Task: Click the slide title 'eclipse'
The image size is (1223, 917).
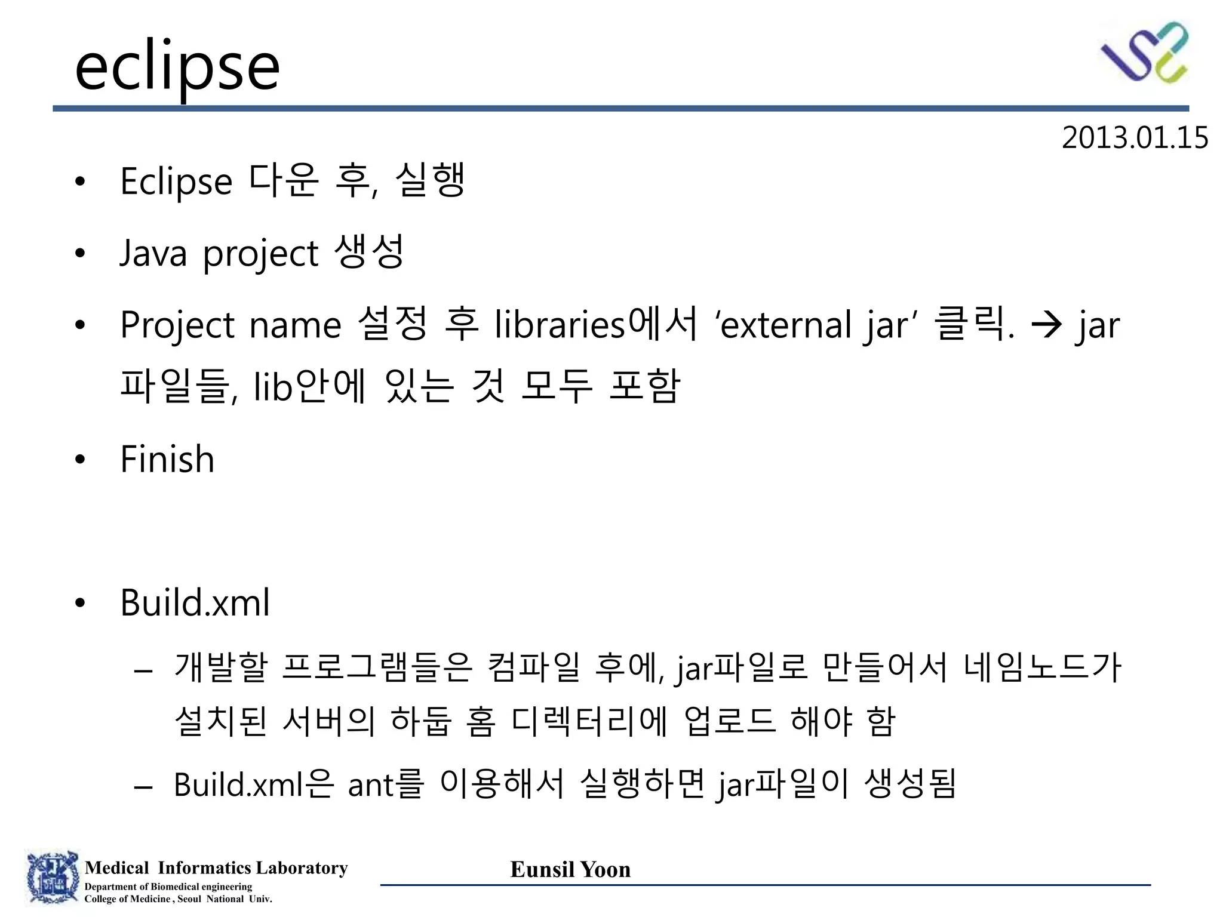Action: pyautogui.click(x=177, y=67)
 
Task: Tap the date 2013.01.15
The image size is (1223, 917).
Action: pyautogui.click(x=1134, y=138)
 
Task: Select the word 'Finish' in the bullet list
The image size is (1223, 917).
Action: pyautogui.click(x=167, y=459)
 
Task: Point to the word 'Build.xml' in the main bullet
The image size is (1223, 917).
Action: pyautogui.click(x=195, y=602)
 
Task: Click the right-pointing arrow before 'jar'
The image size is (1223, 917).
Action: pyautogui.click(x=1047, y=325)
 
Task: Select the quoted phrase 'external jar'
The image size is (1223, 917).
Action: pyautogui.click(x=815, y=325)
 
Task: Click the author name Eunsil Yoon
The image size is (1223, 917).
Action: pyautogui.click(x=570, y=869)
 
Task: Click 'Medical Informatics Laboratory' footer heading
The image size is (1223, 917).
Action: pyautogui.click(x=216, y=867)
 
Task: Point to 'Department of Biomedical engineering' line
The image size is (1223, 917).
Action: pyautogui.click(x=168, y=887)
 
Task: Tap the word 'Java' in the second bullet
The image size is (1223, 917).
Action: pyautogui.click(x=153, y=253)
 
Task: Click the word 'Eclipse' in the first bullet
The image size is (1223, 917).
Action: pyautogui.click(x=176, y=181)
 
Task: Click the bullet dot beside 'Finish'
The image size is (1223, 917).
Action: pyautogui.click(x=81, y=460)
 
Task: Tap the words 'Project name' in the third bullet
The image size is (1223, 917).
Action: pyautogui.click(x=231, y=325)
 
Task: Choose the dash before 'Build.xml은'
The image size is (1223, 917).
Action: pyautogui.click(x=144, y=786)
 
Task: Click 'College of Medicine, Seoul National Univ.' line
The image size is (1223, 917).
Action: pyautogui.click(x=178, y=899)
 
